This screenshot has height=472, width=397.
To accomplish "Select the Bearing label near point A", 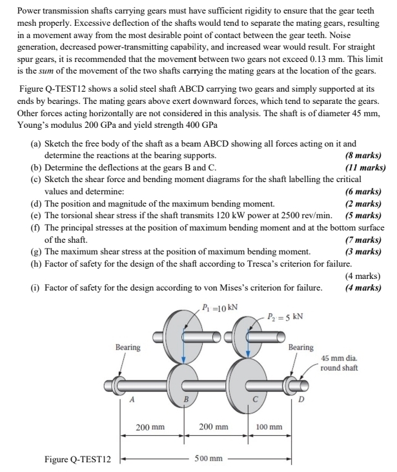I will click(128, 347).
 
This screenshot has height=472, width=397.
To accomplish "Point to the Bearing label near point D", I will click(300, 347).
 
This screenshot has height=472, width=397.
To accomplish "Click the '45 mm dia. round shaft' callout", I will click(340, 363).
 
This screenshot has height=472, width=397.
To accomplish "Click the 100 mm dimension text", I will click(269, 427).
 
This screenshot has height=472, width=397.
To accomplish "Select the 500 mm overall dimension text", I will click(209, 459).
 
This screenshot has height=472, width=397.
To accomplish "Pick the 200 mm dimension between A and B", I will click(150, 427).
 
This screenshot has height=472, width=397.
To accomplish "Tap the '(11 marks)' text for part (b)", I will click(365, 168).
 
